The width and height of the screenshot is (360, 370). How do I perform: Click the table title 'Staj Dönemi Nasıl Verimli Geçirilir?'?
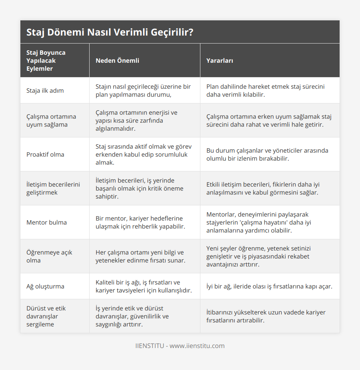pos(110,32)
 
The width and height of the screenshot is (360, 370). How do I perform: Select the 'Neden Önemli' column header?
pos(117,61)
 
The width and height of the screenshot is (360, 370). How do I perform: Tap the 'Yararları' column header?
pos(220,61)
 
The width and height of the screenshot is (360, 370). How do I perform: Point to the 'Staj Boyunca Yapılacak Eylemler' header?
pos(46,60)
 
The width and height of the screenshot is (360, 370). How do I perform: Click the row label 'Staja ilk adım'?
pos(45,90)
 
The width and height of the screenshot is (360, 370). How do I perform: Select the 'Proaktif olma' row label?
pos(45,154)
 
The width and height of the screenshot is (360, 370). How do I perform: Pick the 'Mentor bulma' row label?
pos(46,222)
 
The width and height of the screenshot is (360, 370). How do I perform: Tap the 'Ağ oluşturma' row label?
pos(45,286)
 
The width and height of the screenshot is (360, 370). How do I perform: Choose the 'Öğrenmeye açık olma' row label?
pos(49,256)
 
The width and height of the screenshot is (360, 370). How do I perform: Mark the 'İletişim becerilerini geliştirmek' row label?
pos(53,188)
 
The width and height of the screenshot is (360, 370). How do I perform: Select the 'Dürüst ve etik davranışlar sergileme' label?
pos(46,316)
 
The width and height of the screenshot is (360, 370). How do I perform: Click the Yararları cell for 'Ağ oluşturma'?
pos(269,286)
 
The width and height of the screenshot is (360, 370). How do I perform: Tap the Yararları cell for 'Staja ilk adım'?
pos(265,90)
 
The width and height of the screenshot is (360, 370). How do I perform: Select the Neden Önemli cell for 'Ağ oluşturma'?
pos(143,286)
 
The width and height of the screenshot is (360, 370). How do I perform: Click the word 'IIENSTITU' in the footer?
pos(149,346)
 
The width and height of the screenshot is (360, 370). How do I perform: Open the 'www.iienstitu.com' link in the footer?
pos(197,346)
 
